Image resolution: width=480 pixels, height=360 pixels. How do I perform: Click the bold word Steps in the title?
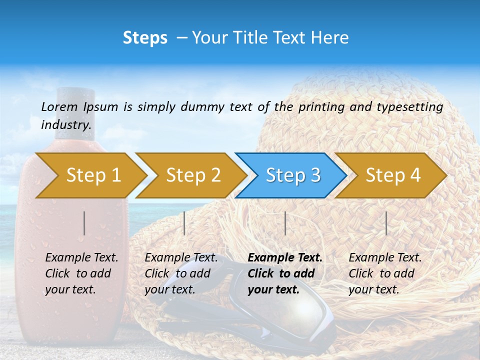click(145, 38)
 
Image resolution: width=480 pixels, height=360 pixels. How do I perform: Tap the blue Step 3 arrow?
click(292, 175)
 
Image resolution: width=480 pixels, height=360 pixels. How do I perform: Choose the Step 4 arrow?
click(392, 175)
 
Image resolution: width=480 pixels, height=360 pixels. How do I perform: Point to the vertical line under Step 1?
click(84, 223)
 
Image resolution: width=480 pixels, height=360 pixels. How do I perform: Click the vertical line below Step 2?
click(184, 223)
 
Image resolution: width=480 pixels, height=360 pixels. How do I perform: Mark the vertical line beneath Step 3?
click(285, 223)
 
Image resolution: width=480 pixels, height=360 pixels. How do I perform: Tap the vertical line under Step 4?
click(386, 223)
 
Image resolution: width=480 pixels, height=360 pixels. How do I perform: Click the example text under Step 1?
click(81, 273)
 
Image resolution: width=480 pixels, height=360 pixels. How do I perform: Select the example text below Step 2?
click(181, 273)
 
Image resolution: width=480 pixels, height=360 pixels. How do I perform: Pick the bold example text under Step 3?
click(285, 273)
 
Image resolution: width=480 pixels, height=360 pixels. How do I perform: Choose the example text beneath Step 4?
click(385, 273)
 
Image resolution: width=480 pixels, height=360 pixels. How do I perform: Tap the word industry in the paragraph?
click(65, 124)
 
